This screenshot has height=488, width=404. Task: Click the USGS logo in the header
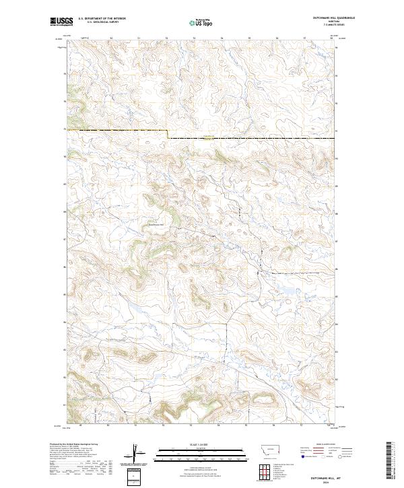click(x=61, y=22)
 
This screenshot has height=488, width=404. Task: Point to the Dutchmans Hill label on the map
click(x=156, y=225)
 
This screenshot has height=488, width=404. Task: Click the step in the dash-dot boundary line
click(x=168, y=134)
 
